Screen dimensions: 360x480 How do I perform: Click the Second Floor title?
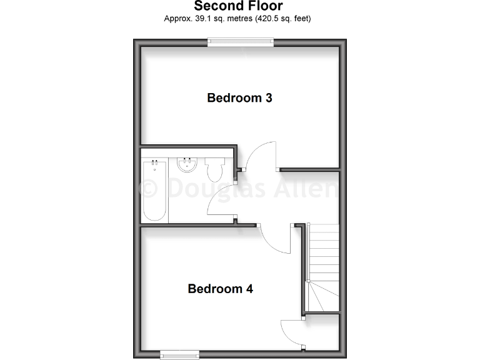pyautogui.click(x=238, y=6)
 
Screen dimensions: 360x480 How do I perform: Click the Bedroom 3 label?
pyautogui.click(x=239, y=98)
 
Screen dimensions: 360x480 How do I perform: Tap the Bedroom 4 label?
pyautogui.click(x=221, y=289)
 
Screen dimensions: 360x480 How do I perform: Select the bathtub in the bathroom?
pyautogui.click(x=154, y=191)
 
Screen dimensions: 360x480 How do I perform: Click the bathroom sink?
pyautogui.click(x=186, y=165)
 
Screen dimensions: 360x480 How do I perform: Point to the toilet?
pyautogui.click(x=214, y=169)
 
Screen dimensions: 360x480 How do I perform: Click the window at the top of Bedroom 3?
pyautogui.click(x=241, y=42)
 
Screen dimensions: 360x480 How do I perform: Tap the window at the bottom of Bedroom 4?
pyautogui.click(x=179, y=355)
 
